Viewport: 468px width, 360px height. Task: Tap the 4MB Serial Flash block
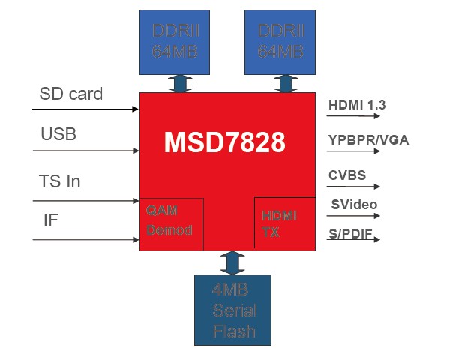232,310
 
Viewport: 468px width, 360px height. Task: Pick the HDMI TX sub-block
283,223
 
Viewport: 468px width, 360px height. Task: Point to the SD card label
70,94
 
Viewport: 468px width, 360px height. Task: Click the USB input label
58,135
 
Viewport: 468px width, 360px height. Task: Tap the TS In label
59,181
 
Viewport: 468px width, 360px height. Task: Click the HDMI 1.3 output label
357,105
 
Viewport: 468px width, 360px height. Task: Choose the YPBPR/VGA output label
368,139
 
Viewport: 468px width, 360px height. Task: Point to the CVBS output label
347,175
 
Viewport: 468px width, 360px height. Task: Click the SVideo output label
353,205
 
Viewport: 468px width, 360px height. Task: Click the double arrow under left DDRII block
178,82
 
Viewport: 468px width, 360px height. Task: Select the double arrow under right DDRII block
283,82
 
